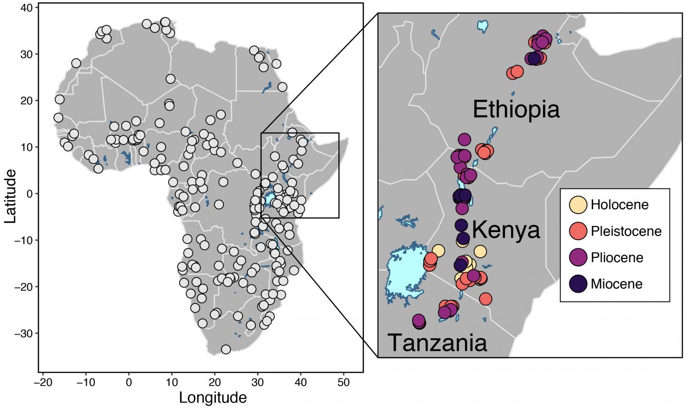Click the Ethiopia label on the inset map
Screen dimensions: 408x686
(x=516, y=110)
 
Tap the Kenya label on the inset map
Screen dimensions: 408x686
(x=505, y=230)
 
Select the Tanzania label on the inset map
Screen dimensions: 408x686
(x=437, y=342)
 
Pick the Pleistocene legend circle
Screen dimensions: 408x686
(x=578, y=231)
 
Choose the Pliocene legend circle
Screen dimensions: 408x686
(x=578, y=257)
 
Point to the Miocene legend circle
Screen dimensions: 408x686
(x=578, y=284)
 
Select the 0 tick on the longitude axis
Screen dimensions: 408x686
(x=129, y=382)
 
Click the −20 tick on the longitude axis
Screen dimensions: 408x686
(x=42, y=382)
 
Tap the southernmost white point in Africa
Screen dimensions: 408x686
(x=226, y=349)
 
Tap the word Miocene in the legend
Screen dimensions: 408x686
(x=616, y=284)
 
